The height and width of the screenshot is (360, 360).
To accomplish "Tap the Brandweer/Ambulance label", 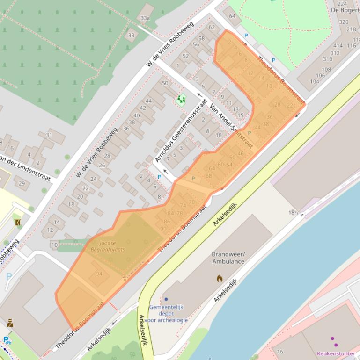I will pyautogui.click(x=228, y=258).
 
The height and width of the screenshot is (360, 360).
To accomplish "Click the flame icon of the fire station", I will pyautogui.click(x=220, y=279).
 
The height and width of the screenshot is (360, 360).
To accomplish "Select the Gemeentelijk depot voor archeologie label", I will pyautogui.click(x=166, y=313).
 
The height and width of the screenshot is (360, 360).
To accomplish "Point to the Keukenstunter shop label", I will pyautogui.click(x=336, y=353).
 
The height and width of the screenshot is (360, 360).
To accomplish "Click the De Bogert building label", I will pyautogui.click(x=345, y=10).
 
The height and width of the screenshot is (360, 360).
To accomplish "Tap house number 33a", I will pyautogui.click(x=145, y=18).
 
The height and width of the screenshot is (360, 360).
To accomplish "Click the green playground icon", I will pyautogui.click(x=181, y=99).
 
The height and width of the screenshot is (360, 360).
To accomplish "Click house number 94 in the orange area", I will pyautogui.click(x=99, y=274).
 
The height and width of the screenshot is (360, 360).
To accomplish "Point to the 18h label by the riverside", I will pyautogui.click(x=293, y=212).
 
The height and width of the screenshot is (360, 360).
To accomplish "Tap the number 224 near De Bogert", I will pyautogui.click(x=342, y=4).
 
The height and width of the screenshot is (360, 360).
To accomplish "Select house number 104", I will pyautogui.click(x=314, y=81).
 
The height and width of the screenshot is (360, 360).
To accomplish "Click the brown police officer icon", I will pyautogui.click(x=10, y=323).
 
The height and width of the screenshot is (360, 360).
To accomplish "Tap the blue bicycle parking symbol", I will pyautogui.click(x=7, y=340).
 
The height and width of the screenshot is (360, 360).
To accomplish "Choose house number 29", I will pyautogui.click(x=22, y=183).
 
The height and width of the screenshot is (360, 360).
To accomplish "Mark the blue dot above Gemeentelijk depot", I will pyautogui.click(x=166, y=299).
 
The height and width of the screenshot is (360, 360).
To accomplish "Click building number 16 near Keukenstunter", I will pyautogui.click(x=280, y=352).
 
